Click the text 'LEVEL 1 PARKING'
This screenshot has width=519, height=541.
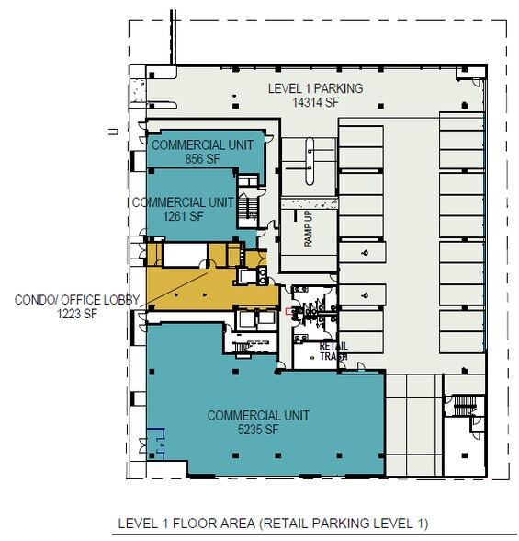315,88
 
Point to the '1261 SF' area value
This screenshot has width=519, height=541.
184,215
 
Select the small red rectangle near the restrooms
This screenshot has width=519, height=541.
288,311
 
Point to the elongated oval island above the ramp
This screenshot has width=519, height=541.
311,155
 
